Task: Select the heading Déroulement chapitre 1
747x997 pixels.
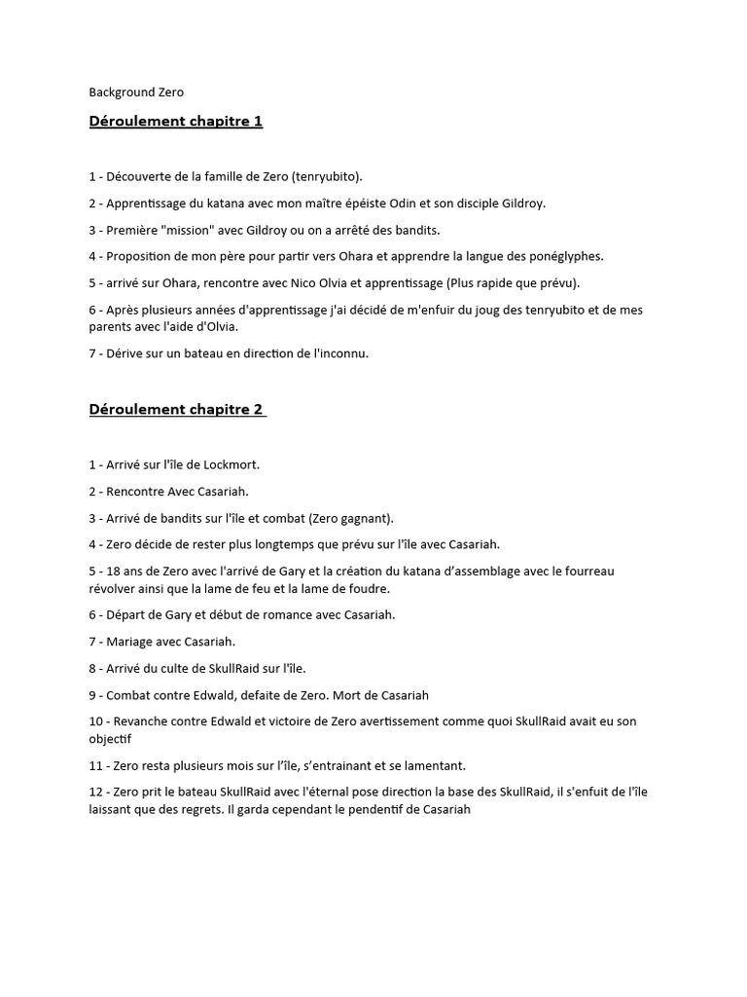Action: coord(176,121)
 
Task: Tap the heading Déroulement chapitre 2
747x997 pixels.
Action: coord(176,409)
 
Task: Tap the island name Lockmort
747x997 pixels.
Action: coord(231,464)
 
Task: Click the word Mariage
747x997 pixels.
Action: coord(134,641)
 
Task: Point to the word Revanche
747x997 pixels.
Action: coord(147,721)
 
